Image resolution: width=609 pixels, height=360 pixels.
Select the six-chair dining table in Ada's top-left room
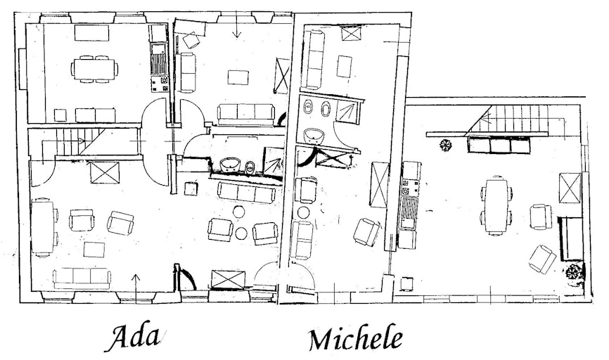pos(94,69)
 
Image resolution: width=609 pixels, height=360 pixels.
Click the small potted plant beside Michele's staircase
pos(445,145)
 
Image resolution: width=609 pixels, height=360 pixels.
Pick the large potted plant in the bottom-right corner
pos(574,271)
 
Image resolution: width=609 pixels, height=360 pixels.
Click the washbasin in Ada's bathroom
pos(231,165)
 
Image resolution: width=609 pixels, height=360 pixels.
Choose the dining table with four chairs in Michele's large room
pos(496,205)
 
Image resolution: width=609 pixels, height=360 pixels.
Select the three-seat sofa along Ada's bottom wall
pos(82,278)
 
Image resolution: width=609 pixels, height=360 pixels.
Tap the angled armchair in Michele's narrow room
pos(366,232)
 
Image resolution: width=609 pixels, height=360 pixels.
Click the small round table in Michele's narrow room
pos(303,212)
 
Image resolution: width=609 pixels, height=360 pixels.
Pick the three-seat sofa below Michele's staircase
pos(500,145)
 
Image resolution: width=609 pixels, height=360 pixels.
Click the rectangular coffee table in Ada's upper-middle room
pos(238,77)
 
